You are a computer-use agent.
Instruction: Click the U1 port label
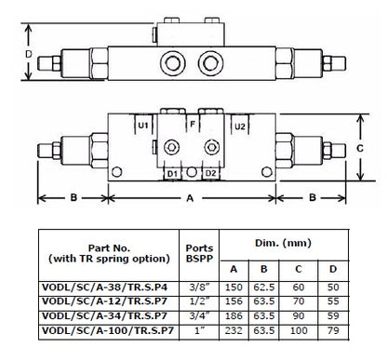pos(143,126)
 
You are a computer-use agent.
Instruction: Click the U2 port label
pos(240,127)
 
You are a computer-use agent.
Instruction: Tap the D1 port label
pos(172,174)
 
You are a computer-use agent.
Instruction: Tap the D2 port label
pos(210,173)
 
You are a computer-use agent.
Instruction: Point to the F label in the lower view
pos(193,125)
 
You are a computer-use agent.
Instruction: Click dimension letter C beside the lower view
pos(360,149)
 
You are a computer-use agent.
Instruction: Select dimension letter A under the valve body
pos(190,198)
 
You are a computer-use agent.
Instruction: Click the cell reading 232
pos(234,330)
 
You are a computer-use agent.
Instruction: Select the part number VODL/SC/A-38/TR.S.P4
pos(104,287)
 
